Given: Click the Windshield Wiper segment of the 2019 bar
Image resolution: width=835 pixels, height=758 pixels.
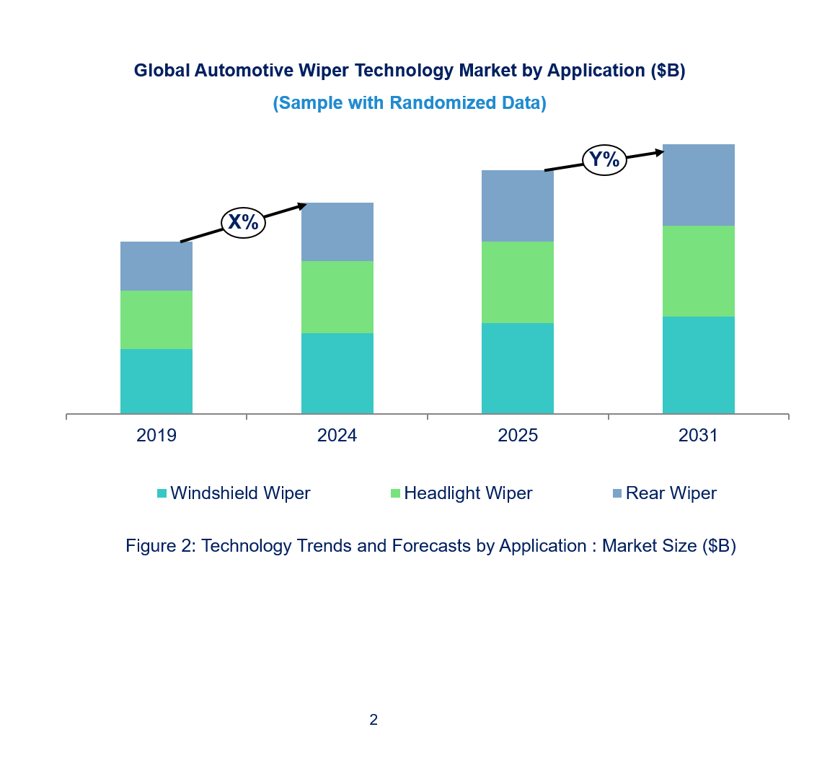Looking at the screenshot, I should [x=156, y=381].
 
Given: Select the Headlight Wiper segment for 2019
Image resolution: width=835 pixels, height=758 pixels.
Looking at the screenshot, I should [x=156, y=319].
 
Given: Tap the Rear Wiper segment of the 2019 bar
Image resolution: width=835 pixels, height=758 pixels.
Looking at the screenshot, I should [x=156, y=266].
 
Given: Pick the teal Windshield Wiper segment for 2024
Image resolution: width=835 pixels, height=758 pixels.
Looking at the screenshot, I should [x=337, y=373].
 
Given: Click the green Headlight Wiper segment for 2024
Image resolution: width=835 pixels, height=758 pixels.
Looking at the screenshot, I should [x=337, y=296].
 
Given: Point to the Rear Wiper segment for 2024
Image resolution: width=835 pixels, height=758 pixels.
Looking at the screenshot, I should [x=337, y=232].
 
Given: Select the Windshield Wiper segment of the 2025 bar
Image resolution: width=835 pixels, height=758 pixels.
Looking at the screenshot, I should [x=518, y=368].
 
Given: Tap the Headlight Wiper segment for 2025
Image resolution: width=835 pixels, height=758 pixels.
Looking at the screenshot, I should [x=518, y=282].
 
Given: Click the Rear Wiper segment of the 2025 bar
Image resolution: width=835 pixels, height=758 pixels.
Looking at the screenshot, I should [x=518, y=206].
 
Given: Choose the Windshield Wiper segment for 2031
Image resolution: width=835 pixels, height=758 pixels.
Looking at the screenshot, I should [x=699, y=365].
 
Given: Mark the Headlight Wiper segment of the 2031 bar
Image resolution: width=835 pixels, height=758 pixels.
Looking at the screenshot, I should [x=699, y=271].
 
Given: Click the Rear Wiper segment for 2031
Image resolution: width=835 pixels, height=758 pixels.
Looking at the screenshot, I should [x=699, y=185].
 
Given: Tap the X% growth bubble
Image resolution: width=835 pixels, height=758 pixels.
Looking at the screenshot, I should [x=243, y=222].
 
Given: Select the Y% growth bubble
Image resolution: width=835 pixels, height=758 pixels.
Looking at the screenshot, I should [x=604, y=159].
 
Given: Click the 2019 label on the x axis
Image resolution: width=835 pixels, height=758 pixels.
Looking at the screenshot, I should [x=156, y=436].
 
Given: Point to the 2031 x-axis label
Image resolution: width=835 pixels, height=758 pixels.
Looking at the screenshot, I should [x=699, y=436].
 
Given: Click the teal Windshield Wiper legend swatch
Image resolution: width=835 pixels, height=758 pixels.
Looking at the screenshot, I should [x=162, y=494].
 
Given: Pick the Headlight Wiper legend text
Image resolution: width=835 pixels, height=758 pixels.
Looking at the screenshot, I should [x=468, y=493].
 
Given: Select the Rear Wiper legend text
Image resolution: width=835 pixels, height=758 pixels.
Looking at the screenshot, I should [x=671, y=493].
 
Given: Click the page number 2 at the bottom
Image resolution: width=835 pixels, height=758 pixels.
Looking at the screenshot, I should [x=374, y=719].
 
